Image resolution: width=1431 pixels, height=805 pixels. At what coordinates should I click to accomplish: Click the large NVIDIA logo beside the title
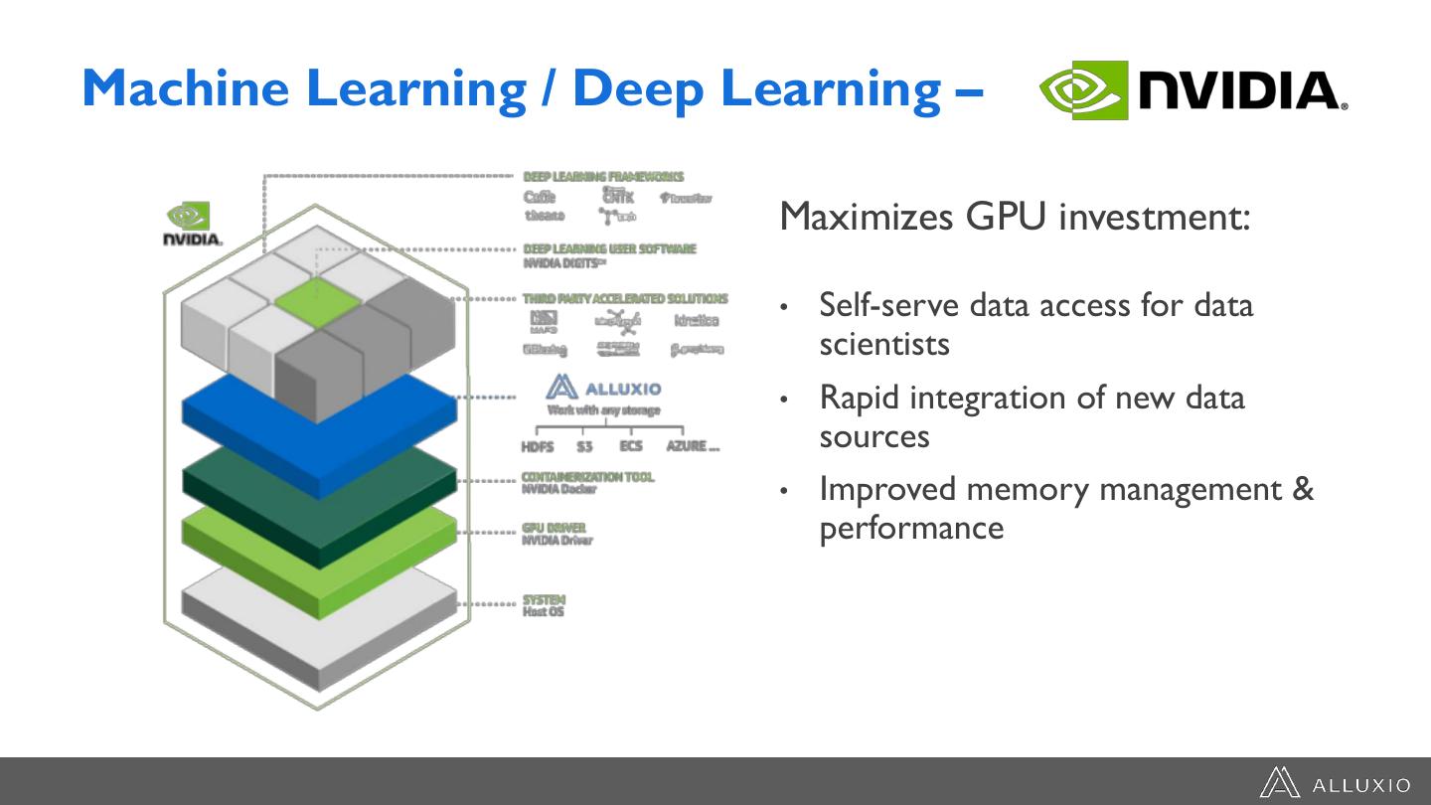pos(1192,90)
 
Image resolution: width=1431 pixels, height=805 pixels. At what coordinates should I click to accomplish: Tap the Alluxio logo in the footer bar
pos(1334,783)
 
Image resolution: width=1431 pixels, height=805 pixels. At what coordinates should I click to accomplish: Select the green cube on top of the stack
pos(315,302)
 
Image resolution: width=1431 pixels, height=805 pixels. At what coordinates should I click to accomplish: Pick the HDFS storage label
pos(538,447)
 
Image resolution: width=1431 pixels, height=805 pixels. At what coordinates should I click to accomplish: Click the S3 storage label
pos(584,447)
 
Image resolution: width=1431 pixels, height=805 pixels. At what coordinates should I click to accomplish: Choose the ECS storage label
pos(631,446)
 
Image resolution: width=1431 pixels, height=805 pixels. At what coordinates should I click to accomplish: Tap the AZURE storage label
pos(692,446)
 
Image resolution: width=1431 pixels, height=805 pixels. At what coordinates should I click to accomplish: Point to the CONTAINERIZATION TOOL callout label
pos(587,477)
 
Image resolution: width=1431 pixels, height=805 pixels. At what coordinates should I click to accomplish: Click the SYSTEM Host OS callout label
pos(544,605)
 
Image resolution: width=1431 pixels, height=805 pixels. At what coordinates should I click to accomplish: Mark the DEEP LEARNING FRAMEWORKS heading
pos(603,177)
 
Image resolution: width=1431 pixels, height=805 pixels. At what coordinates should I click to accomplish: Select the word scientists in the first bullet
pos(884,344)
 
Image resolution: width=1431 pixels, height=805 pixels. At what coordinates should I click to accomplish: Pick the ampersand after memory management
pos(1303,489)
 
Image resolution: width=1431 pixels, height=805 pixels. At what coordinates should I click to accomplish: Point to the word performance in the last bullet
pos(911,528)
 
